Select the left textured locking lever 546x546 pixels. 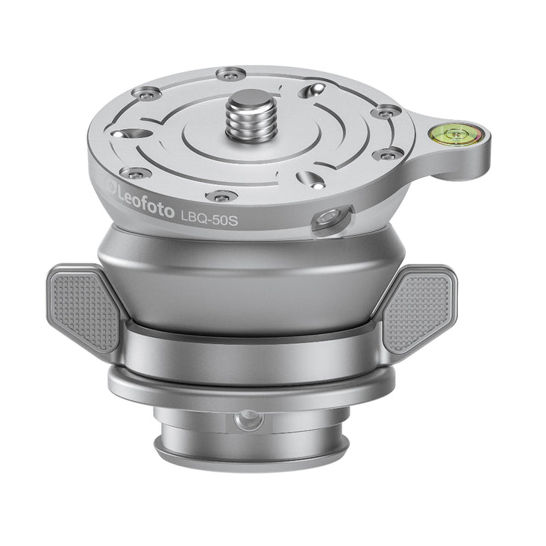pos(84,307)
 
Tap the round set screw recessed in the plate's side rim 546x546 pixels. pos(325,219)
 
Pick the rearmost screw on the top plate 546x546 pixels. pos(230,74)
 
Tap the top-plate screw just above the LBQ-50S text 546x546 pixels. pos(222,196)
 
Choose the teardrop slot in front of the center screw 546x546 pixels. pos(308,179)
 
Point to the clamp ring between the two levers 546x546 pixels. pos(254,351)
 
